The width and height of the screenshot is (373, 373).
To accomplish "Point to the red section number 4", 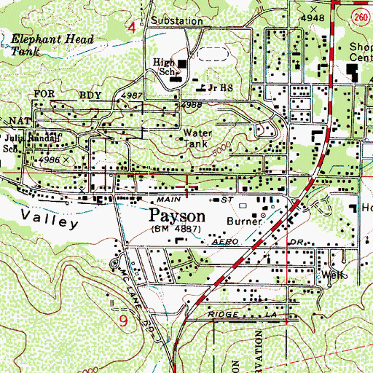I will click(x=131, y=28).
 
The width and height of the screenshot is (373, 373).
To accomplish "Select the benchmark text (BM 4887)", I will click(x=177, y=229).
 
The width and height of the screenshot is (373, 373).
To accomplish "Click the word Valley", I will click(x=49, y=216).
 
